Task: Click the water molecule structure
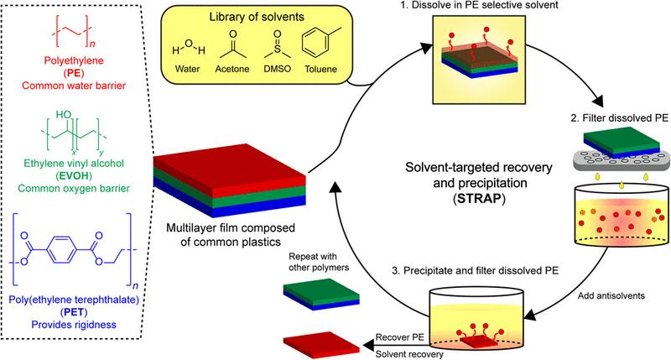tap(188, 47)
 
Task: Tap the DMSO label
tap(278, 69)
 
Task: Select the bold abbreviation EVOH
tap(74, 175)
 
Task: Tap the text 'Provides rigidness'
tap(74, 325)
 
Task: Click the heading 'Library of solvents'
tap(257, 17)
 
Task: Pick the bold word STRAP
tap(480, 199)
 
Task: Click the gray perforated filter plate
tap(622, 159)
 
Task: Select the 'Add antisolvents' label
tap(611, 295)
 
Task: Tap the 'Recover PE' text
tap(400, 337)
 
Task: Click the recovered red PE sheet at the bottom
tap(321, 343)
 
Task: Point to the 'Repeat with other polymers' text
tap(319, 262)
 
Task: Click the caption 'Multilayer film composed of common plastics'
tap(231, 235)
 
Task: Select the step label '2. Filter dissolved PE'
tap(619, 118)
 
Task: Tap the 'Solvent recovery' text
tap(409, 354)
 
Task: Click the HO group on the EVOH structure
tap(64, 115)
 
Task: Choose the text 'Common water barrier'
tap(74, 86)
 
